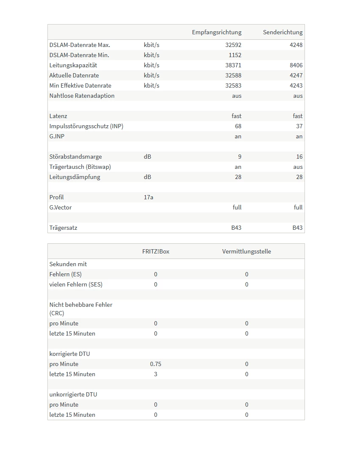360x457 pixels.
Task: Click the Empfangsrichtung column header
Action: (216, 32)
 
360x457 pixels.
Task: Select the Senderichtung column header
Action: (282, 32)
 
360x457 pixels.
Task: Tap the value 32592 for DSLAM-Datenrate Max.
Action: (233, 45)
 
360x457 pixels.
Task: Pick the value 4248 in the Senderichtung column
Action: (296, 45)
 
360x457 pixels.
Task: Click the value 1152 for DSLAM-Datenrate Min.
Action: (235, 55)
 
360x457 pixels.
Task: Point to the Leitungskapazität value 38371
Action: (233, 65)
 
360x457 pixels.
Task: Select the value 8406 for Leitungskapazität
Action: (296, 65)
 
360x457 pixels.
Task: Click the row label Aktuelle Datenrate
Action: (74, 75)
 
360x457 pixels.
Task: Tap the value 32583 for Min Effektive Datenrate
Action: (233, 85)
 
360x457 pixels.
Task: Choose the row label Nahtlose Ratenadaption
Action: (82, 96)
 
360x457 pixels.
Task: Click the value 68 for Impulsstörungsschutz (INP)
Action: (238, 126)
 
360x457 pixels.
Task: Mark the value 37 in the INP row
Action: (299, 126)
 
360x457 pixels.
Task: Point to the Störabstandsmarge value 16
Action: (299, 157)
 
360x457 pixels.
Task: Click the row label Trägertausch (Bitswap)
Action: (80, 167)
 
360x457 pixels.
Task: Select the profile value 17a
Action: (148, 197)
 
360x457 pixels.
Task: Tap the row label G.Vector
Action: (61, 207)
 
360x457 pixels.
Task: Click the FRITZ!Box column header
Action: (155, 251)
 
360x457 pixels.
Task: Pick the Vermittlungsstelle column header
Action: (246, 251)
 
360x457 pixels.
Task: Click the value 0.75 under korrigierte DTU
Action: (155, 364)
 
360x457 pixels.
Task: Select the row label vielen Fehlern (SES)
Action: (76, 284)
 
